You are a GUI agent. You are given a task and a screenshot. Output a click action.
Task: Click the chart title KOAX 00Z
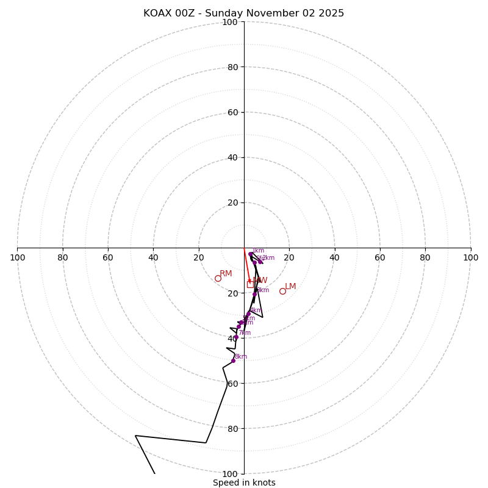(x=243, y=13)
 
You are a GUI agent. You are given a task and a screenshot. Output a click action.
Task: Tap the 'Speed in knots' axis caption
(x=244, y=483)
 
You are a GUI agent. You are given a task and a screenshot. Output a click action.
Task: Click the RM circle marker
(x=218, y=279)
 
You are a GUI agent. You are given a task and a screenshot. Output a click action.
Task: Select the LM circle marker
(x=282, y=291)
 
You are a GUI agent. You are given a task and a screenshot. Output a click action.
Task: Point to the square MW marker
(x=250, y=284)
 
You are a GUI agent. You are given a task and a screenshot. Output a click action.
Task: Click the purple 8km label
(x=241, y=357)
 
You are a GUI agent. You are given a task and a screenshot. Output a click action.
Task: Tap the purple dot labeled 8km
(x=233, y=361)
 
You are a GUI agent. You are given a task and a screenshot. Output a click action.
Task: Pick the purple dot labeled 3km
(x=254, y=294)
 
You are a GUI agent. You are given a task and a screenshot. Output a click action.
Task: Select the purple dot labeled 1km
(x=250, y=254)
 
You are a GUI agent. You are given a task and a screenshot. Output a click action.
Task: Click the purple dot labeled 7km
(x=235, y=337)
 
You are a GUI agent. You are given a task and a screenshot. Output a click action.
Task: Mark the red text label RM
(x=226, y=274)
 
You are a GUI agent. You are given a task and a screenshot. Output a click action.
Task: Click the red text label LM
(x=290, y=287)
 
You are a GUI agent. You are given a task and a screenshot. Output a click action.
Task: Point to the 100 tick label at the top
(x=230, y=22)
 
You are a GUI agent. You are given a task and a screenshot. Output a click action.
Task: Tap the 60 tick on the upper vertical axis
(x=232, y=112)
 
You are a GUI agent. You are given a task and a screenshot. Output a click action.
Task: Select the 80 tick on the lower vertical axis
(x=232, y=429)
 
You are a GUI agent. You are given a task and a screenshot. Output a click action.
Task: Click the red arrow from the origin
(x=246, y=265)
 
